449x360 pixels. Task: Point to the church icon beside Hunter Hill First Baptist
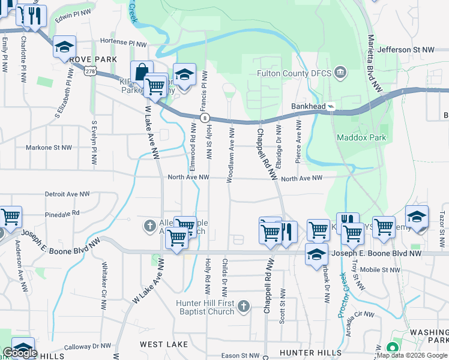243,307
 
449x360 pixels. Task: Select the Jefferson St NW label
406,50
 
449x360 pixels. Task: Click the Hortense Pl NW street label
122,43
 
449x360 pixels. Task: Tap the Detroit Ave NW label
67,194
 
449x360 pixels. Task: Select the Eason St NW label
240,356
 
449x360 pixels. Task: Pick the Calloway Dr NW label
88,346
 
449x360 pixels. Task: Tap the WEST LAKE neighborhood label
164,344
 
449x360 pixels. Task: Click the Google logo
20,353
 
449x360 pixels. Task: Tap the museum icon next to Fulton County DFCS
340,73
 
